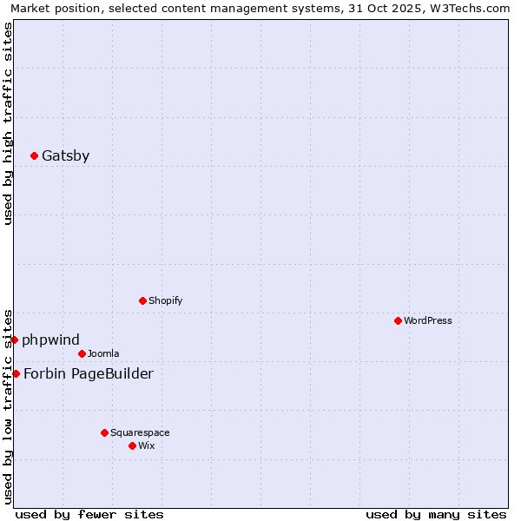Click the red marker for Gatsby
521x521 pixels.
[x=34, y=156]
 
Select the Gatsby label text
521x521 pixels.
[x=65, y=156]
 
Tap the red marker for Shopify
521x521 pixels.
[x=142, y=300]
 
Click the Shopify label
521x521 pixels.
[x=165, y=301]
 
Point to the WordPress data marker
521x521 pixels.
[x=398, y=320]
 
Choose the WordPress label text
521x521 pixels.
[x=427, y=321]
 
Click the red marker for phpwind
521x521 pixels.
[x=14, y=340]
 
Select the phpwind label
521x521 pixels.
[x=50, y=340]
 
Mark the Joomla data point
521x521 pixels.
[x=82, y=353]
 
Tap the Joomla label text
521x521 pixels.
[x=103, y=354]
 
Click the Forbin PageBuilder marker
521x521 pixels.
[x=16, y=373]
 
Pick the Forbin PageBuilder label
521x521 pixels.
[x=88, y=374]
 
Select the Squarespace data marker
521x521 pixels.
[x=104, y=432]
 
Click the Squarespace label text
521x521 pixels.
[x=140, y=433]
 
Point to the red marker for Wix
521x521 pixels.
[x=132, y=445]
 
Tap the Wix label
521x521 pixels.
[x=147, y=446]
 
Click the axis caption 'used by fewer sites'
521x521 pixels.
[x=89, y=514]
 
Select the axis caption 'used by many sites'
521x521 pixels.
[x=436, y=514]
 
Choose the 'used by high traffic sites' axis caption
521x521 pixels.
[x=9, y=123]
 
